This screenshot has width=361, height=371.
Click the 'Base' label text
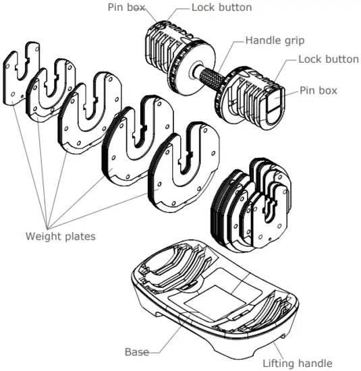(137, 351)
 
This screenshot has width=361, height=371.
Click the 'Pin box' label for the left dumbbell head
(124, 7)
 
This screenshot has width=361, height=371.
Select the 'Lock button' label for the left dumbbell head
(221, 7)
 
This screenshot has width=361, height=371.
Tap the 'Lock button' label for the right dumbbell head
(329, 59)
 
